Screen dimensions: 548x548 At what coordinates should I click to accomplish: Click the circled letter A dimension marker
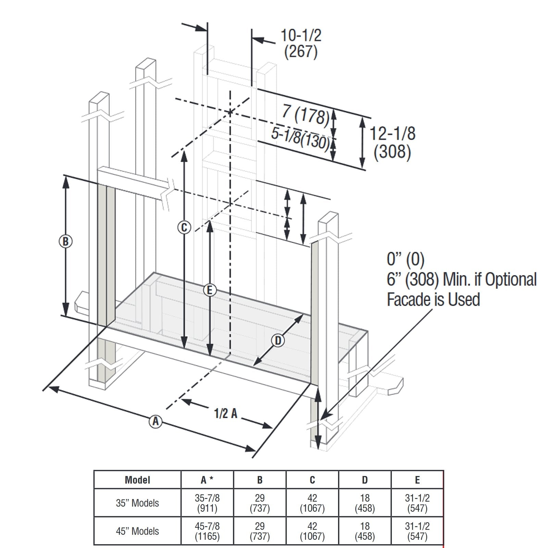(155, 421)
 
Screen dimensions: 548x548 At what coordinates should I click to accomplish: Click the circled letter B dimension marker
(65, 241)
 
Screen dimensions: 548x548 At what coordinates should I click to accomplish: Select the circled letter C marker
(184, 227)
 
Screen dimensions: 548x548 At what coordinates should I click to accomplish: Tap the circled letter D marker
(278, 340)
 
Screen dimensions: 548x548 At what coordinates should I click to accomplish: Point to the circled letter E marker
(210, 290)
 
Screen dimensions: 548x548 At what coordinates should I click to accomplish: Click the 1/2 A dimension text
(225, 413)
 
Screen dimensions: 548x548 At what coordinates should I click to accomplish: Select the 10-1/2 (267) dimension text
(301, 43)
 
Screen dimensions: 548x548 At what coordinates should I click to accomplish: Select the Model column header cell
(137, 480)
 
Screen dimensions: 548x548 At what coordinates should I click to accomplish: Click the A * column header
(207, 480)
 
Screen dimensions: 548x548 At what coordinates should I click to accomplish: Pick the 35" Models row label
(137, 503)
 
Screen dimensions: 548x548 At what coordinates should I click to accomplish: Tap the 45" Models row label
(137, 531)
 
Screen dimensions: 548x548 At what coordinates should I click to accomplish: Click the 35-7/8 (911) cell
(207, 503)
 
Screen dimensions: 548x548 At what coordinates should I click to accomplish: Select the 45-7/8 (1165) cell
(207, 531)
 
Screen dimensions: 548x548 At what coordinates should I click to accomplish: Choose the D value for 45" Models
(365, 531)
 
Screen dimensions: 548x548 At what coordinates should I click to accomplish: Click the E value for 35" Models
(417, 503)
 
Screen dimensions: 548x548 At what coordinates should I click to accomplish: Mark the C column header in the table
(312, 480)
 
